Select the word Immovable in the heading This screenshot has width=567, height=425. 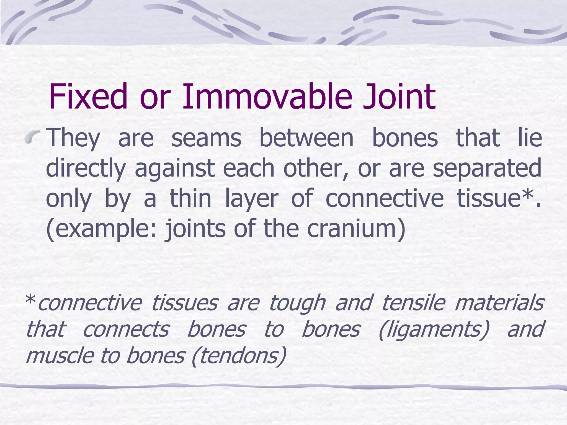267,97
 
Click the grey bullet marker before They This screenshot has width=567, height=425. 32,137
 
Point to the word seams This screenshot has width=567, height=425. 206,138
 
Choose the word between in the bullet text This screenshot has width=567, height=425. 306,138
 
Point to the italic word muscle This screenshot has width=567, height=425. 59,356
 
